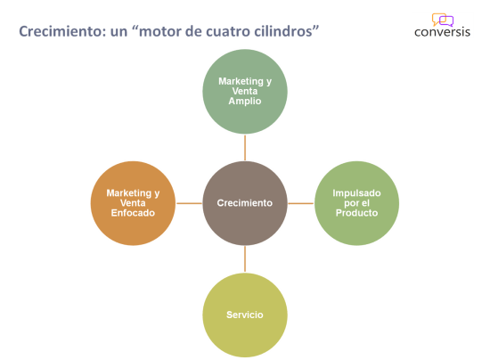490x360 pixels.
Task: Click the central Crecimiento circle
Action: pos(244,203)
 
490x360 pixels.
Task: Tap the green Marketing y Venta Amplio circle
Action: pos(244,91)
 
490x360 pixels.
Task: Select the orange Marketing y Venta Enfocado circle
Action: pos(133,203)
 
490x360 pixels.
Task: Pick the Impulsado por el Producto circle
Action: pos(356,203)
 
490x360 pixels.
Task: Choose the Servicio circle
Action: pos(244,315)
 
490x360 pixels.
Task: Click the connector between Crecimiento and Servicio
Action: pos(244,259)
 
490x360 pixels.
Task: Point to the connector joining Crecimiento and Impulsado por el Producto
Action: pos(300,203)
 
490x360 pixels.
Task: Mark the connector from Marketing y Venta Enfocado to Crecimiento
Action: pos(189,203)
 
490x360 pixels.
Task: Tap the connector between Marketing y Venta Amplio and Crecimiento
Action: pos(244,147)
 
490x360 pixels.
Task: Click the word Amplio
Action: pos(244,102)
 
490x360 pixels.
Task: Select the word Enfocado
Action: pos(133,214)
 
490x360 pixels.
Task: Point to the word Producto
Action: pos(356,214)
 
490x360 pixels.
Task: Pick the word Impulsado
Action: pos(356,192)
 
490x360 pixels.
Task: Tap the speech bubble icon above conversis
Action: pos(442,19)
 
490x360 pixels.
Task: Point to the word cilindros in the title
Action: pos(285,32)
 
